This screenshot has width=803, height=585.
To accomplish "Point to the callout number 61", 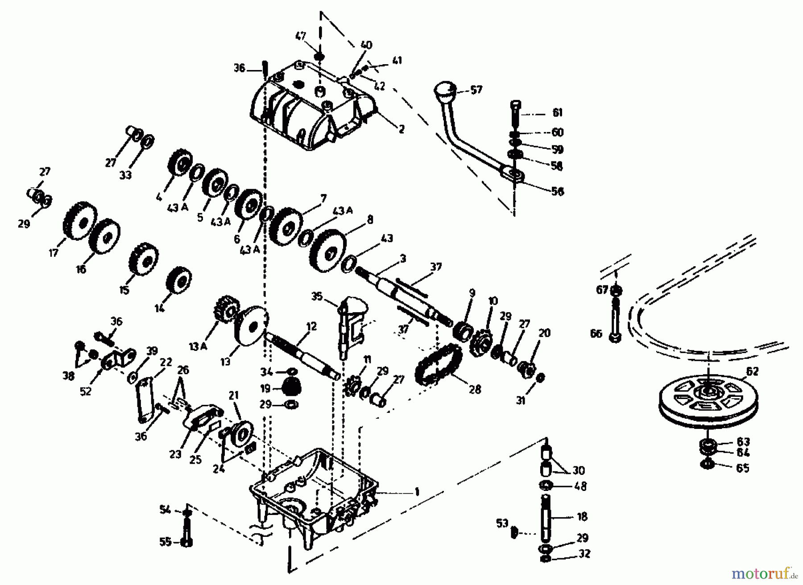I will (558, 113).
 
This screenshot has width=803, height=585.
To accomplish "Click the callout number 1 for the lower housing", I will (417, 492).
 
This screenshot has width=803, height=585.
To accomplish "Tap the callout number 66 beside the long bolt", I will (596, 334).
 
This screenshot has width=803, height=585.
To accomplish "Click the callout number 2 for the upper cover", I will (401, 129).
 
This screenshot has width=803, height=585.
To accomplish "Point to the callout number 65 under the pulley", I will (742, 469).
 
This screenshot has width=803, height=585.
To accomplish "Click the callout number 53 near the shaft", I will (502, 523).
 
